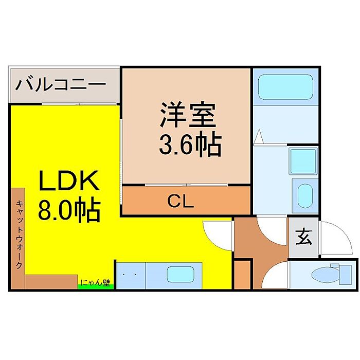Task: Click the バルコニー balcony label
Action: (61, 84)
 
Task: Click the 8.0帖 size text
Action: (68, 211)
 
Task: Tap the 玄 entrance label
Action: (303, 238)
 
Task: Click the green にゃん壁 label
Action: (95, 283)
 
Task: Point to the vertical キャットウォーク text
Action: (17, 234)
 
